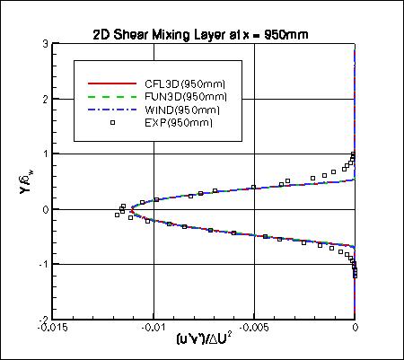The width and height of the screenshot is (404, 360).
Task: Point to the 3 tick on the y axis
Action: [44, 44]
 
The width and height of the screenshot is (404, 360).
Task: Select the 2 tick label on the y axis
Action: [44, 99]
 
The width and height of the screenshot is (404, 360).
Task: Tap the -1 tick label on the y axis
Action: [42, 264]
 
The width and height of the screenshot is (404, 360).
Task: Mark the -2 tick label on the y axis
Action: [42, 319]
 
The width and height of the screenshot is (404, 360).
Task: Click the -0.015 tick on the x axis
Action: [53, 329]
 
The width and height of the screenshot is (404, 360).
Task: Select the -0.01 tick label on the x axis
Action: [154, 329]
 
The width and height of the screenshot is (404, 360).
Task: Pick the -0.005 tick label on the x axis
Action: [254, 329]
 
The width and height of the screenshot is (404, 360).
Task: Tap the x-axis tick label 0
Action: [356, 329]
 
